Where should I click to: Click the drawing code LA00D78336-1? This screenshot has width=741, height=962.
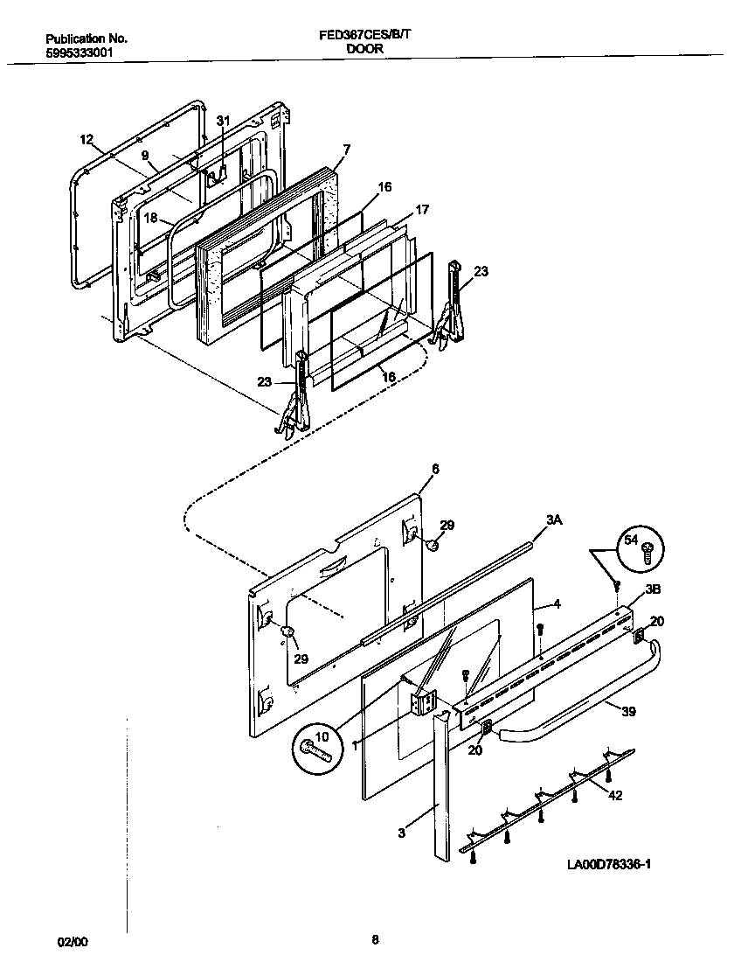click(609, 864)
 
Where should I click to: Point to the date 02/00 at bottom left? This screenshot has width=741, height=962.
click(73, 941)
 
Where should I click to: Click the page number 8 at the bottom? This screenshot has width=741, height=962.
click(375, 941)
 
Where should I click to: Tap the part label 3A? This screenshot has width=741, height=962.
click(553, 519)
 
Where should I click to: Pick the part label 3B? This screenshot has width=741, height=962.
click(652, 589)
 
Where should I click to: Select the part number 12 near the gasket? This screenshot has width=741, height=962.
click(86, 139)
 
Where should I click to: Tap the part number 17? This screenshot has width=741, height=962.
click(422, 210)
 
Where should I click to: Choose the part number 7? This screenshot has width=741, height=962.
click(346, 150)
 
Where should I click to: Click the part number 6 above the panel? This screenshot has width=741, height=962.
click(435, 469)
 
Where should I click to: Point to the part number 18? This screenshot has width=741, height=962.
click(150, 219)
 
